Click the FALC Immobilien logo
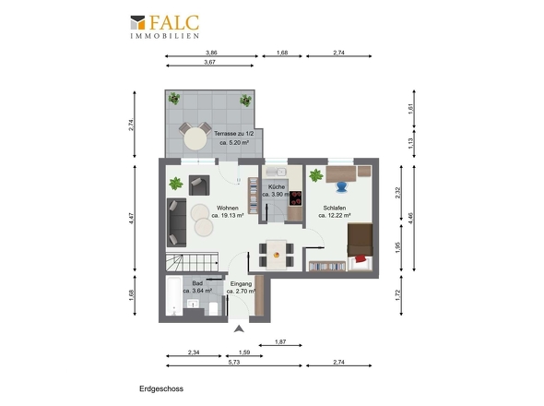pos(165,27)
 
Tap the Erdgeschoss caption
pos(161,388)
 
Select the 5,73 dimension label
pos(234,362)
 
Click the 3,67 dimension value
pos(209,62)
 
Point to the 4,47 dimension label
pos(131,218)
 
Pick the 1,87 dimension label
pos(280,341)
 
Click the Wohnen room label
pos(228,208)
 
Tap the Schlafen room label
pos(335,208)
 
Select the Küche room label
pos(277,186)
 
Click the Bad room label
pos(197,283)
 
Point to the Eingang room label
pos(242,284)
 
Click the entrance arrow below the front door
pos(239,328)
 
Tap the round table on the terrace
pos(195,138)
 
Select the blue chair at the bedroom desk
pos(341,186)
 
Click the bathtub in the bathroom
pos(173,295)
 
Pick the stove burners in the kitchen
pos(296,198)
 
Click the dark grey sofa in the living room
pos(177,222)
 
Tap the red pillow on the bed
pos(361,258)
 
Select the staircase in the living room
pos(192,262)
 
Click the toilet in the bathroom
pos(213,308)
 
